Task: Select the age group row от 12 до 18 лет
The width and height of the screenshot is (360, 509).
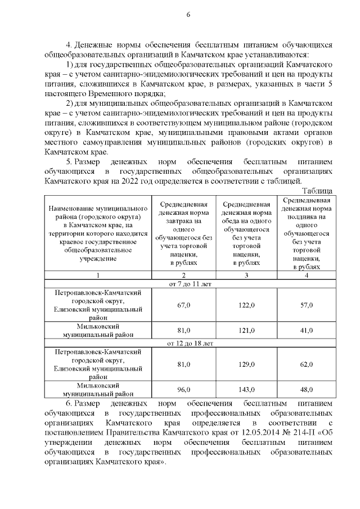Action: [x=191, y=343]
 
